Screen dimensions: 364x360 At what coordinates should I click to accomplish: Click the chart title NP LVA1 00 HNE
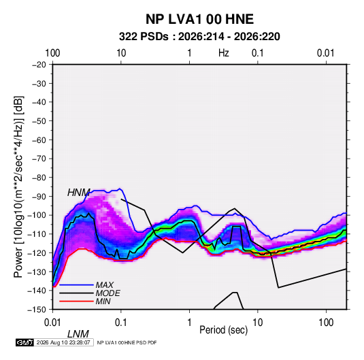point(199,19)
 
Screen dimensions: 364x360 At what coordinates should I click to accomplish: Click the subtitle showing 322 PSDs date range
point(199,37)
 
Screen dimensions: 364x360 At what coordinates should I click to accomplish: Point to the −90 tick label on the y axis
point(39,197)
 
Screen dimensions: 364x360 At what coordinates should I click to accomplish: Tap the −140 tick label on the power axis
point(37,291)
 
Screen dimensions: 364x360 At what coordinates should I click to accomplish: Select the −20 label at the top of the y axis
point(39,65)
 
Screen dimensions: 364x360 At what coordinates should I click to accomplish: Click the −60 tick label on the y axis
point(39,140)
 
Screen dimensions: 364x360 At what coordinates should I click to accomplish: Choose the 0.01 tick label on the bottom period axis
point(52,323)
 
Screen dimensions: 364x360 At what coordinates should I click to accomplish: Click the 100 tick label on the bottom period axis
point(326,323)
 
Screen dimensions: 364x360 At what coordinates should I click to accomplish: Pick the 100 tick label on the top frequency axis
point(52,53)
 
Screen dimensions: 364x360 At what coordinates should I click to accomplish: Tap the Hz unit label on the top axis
point(224,53)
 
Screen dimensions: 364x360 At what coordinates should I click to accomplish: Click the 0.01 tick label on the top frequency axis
point(326,53)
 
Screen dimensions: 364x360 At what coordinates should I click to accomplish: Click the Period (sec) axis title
point(224,330)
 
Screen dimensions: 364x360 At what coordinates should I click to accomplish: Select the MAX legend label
point(105,285)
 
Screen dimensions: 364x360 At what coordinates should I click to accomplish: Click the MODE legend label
point(108,293)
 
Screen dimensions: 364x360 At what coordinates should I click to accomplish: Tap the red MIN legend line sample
point(76,301)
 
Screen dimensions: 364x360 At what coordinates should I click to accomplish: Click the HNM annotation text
point(79,193)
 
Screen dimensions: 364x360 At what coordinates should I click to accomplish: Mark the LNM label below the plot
point(78,334)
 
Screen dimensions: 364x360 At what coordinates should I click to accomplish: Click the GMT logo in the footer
point(25,342)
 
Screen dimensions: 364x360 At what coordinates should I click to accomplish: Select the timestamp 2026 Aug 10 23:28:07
point(63,342)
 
